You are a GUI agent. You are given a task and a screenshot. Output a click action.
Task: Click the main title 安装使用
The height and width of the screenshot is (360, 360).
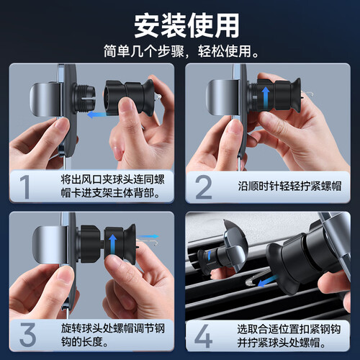click(x=186, y=26)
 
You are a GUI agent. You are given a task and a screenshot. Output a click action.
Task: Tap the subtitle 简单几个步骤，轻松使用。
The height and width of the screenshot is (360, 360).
click(x=181, y=51)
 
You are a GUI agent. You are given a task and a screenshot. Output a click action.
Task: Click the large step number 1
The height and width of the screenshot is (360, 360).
click(x=24, y=186)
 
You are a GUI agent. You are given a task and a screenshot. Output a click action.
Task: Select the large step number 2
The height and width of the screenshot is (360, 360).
click(x=204, y=186)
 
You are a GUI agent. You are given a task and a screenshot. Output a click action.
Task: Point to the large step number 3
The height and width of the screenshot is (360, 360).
click(x=27, y=334)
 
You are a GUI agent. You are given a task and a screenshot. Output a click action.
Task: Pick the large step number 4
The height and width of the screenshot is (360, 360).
click(x=203, y=336)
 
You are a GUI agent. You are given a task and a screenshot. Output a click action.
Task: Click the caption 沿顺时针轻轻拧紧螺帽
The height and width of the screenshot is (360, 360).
click(x=289, y=186)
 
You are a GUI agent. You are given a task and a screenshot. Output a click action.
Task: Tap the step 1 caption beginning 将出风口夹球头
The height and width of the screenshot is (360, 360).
click(x=112, y=186)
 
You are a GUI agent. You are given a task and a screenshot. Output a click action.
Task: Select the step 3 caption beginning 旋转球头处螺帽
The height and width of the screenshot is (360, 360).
click(x=112, y=335)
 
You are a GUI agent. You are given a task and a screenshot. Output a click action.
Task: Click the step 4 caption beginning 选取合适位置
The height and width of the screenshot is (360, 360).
click(x=289, y=336)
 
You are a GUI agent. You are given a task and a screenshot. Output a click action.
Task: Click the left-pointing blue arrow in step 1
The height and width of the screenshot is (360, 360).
click(x=97, y=114)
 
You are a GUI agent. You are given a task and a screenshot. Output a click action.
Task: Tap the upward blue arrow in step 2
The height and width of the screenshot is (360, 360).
click(x=266, y=98)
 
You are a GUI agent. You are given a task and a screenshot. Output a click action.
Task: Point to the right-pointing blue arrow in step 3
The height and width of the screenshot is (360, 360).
click(x=148, y=236)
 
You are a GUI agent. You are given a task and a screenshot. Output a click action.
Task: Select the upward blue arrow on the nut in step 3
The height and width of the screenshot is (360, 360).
click(x=112, y=246)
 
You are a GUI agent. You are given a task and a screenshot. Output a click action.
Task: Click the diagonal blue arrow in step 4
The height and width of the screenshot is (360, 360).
click(x=268, y=281)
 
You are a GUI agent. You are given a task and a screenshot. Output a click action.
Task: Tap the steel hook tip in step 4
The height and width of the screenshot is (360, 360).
click(x=248, y=283)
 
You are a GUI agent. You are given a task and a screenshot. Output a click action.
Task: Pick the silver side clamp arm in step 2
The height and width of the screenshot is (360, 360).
click(x=222, y=97)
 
